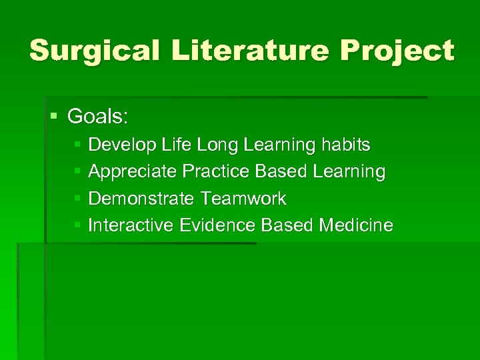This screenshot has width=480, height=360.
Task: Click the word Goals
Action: point(98,117)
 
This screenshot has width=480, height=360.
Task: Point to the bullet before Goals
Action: point(55,117)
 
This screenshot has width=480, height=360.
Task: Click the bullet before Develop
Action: point(77,145)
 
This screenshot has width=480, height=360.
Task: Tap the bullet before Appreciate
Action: point(77,172)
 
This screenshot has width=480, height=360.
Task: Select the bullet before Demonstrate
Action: point(77,199)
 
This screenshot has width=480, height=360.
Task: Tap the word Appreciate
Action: point(133,172)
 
